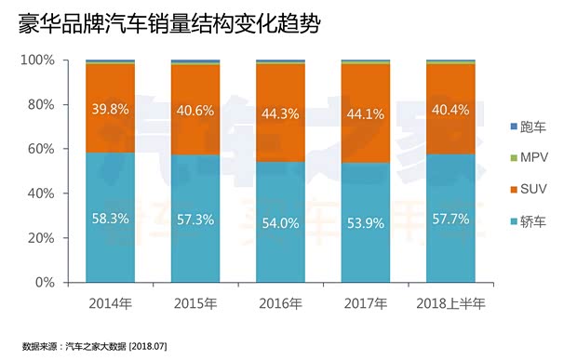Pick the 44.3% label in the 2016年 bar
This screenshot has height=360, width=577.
[280, 114]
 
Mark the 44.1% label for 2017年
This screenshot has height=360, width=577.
[366, 114]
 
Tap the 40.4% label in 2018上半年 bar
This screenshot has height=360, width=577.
[450, 111]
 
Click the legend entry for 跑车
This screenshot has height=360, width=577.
[528, 126]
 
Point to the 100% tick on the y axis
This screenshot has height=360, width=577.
[38, 60]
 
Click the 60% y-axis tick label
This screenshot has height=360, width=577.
[42, 149]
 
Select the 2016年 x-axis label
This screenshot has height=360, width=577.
[280, 303]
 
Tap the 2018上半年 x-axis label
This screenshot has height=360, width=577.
[450, 303]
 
